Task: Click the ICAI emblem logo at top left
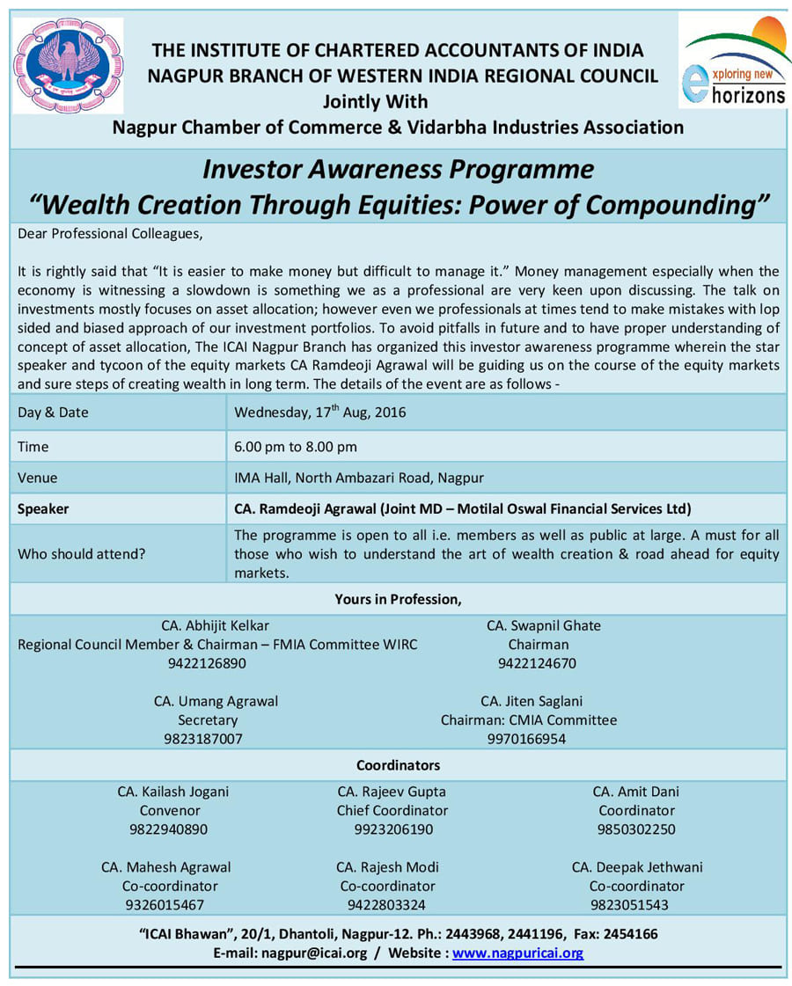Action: pyautogui.click(x=69, y=65)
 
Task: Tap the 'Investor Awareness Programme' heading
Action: pyautogui.click(x=398, y=168)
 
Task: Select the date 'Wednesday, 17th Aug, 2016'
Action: pyautogui.click(x=320, y=412)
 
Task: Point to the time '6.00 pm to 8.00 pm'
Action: pyautogui.click(x=296, y=446)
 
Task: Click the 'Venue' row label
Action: pyautogui.click(x=38, y=478)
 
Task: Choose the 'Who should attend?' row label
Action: pyautogui.click(x=82, y=554)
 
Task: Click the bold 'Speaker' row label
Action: pyautogui.click(x=43, y=508)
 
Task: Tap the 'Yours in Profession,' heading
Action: pyautogui.click(x=398, y=599)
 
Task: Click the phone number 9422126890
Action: pyautogui.click(x=207, y=663)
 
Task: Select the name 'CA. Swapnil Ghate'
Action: pyautogui.click(x=544, y=625)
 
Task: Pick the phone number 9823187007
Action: pyautogui.click(x=203, y=739)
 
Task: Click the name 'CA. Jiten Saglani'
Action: pyautogui.click(x=532, y=701)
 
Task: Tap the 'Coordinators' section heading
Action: pyautogui.click(x=398, y=765)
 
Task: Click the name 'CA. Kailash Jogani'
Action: pyautogui.click(x=173, y=792)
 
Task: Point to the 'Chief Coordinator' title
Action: pyautogui.click(x=392, y=810)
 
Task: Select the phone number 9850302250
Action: pyautogui.click(x=636, y=829)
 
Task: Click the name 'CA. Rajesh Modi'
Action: pyautogui.click(x=387, y=867)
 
